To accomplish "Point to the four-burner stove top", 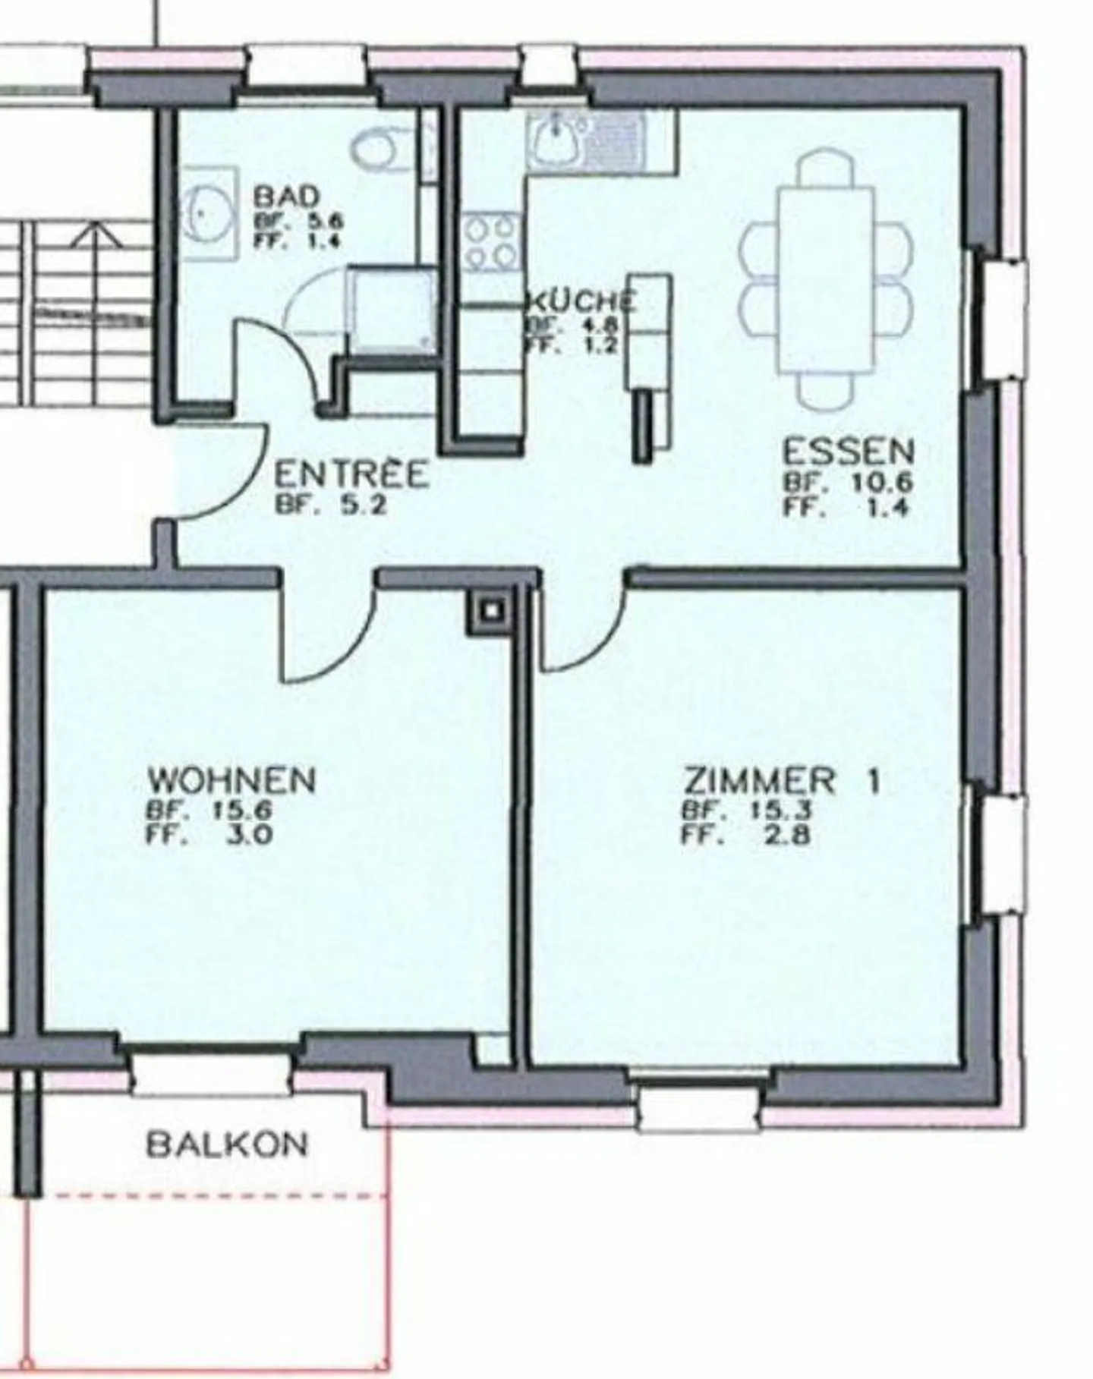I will tap(492, 243).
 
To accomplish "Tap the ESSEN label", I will tap(848, 452).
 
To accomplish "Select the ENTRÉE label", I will tap(351, 476).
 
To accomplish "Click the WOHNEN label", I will tap(232, 780).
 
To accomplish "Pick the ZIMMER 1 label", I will tap(782, 781).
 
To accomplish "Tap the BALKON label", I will tap(227, 1144).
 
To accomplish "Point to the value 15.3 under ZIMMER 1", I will tap(780, 810).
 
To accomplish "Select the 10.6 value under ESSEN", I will tap(880, 483).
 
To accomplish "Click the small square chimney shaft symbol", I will tap(491, 610).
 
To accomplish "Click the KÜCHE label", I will tap(581, 302).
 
